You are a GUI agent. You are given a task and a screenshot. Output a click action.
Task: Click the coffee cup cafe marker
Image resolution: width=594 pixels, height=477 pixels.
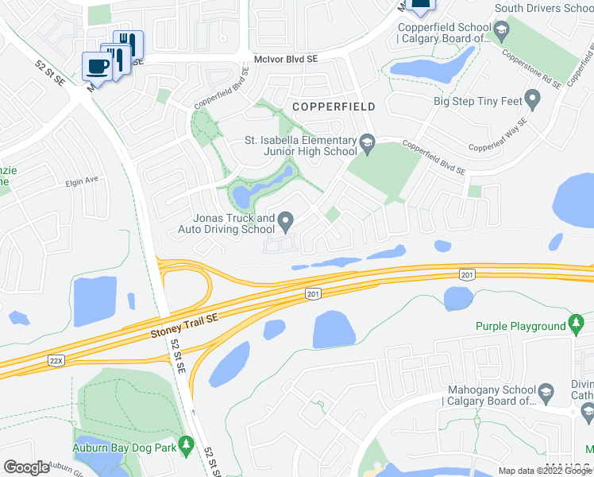tap(98, 65)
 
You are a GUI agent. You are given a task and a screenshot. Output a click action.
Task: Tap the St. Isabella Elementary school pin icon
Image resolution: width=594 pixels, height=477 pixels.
tap(367, 144)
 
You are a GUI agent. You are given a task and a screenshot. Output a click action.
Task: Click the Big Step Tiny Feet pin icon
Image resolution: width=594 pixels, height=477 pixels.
tap(533, 101)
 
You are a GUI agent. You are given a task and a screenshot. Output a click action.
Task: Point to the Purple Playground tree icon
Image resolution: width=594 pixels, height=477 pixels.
tap(577, 326)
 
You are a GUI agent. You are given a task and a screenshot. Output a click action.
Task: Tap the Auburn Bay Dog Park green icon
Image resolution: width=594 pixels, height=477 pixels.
tap(187, 443)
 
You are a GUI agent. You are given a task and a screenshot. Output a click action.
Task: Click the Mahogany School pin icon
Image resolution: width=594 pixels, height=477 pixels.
tap(546, 391)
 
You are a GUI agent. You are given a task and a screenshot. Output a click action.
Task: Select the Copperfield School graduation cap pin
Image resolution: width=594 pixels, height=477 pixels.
tap(501, 31)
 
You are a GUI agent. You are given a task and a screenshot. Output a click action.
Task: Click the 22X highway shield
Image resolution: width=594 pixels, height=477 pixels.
tap(56, 360)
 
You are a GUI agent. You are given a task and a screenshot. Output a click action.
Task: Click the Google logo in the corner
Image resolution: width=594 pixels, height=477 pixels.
tap(26, 467)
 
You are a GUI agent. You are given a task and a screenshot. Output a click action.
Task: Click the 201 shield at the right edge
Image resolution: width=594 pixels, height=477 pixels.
tap(468, 274)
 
